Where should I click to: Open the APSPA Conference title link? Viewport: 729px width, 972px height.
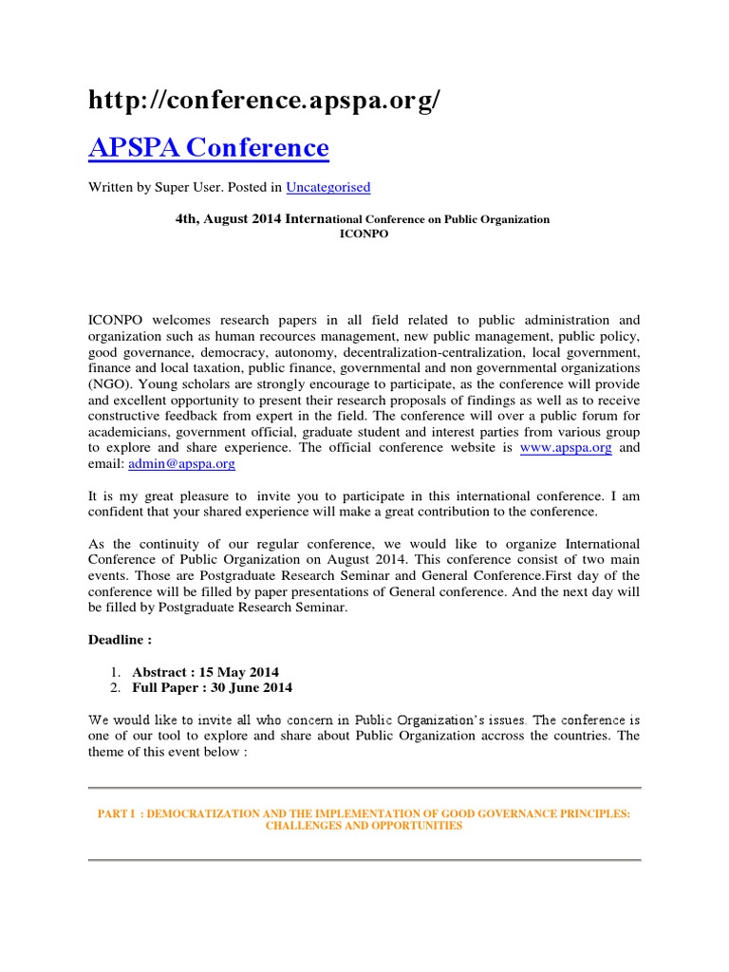coord(209,148)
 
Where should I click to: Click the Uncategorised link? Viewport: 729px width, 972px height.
coord(327,187)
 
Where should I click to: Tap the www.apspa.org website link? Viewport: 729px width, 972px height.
coord(566,448)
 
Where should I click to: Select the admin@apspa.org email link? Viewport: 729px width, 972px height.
coord(180,464)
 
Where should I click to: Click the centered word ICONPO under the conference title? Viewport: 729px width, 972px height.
coord(364,234)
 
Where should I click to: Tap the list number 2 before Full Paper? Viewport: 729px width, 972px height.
coord(114,687)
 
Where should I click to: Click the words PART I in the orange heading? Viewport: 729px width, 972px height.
coord(118,813)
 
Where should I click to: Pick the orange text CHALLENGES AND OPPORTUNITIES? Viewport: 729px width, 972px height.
coord(364,826)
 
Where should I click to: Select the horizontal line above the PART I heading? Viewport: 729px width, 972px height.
coord(364,788)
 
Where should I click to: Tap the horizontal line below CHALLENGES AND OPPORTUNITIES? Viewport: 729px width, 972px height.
coord(364,860)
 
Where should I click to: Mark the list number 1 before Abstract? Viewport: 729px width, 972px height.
coord(114,671)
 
